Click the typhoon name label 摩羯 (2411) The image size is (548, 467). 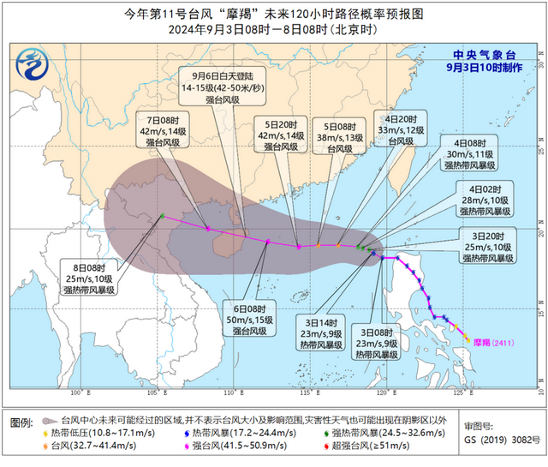(x=494, y=339)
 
